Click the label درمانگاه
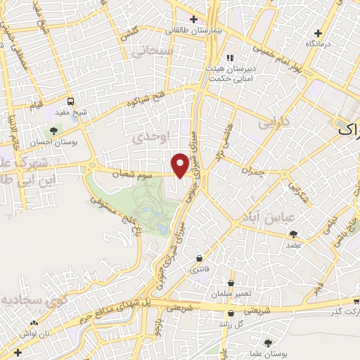tap(318, 44)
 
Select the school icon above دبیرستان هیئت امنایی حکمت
tap(227, 58)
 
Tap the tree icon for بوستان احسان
tap(53, 131)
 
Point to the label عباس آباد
tap(261, 217)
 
